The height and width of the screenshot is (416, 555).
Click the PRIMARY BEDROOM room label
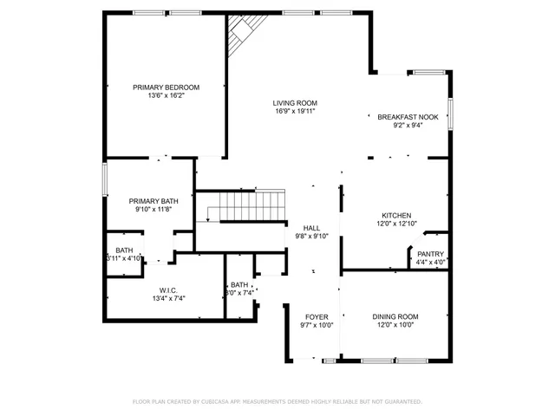pyautogui.click(x=166, y=87)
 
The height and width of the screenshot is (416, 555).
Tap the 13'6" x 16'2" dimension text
pyautogui.click(x=166, y=96)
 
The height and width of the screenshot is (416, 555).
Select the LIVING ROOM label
pyautogui.click(x=294, y=103)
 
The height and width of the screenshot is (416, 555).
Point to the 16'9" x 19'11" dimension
pyautogui.click(x=294, y=112)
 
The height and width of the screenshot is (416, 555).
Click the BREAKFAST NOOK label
pyautogui.click(x=407, y=116)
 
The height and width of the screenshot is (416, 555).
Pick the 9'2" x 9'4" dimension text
pyautogui.click(x=407, y=125)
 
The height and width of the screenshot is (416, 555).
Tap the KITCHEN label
pyautogui.click(x=396, y=215)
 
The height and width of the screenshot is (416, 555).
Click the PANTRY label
pyautogui.click(x=430, y=254)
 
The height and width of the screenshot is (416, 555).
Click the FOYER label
pyautogui.click(x=317, y=316)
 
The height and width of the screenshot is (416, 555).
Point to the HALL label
pyautogui.click(x=311, y=227)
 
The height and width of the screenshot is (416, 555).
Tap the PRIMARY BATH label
pyautogui.click(x=153, y=200)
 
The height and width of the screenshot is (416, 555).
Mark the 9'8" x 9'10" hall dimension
pyautogui.click(x=311, y=236)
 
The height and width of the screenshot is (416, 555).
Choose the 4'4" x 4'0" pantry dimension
pyautogui.click(x=430, y=263)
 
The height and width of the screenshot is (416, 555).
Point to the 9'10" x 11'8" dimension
pyautogui.click(x=153, y=209)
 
